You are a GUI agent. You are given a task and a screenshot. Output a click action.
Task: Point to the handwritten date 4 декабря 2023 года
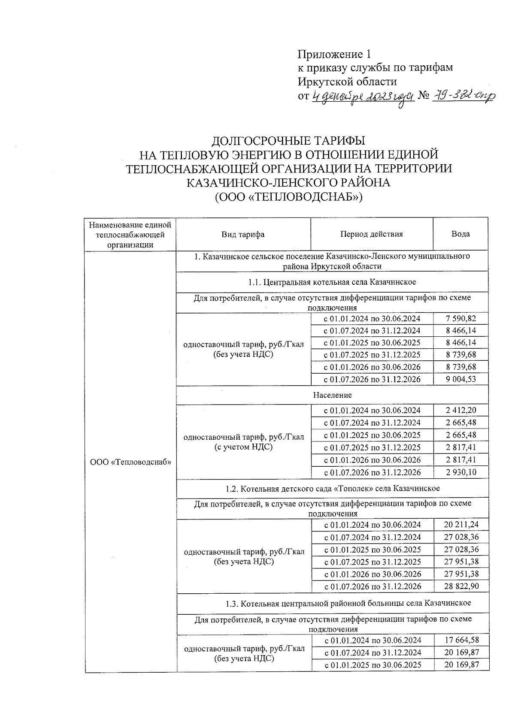pos(363,97)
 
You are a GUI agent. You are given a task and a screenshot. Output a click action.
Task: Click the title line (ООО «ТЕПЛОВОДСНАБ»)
pos(288,197)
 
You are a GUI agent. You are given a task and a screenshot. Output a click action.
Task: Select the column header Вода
pos(460,234)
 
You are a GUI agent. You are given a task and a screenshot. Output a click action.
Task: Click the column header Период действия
pos(372,234)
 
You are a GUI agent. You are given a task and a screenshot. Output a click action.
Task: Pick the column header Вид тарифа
pos(243,234)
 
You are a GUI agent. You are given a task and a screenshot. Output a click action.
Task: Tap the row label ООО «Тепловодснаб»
pos(131,462)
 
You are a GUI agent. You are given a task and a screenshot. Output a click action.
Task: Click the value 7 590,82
pos(461,318)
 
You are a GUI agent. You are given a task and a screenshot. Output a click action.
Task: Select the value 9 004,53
pos(461,379)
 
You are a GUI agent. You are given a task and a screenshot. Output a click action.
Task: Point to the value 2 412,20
pos(461,410)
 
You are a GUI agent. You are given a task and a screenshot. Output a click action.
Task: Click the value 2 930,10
pos(461,472)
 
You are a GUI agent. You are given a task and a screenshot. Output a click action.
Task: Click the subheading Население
pos(332,395)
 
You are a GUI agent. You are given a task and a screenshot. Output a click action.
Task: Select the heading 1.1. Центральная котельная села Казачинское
pos(332,282)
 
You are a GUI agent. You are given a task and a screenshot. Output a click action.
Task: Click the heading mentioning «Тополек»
pos(332,489)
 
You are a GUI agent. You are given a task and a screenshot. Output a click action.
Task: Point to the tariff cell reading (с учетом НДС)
pos(244,447)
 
